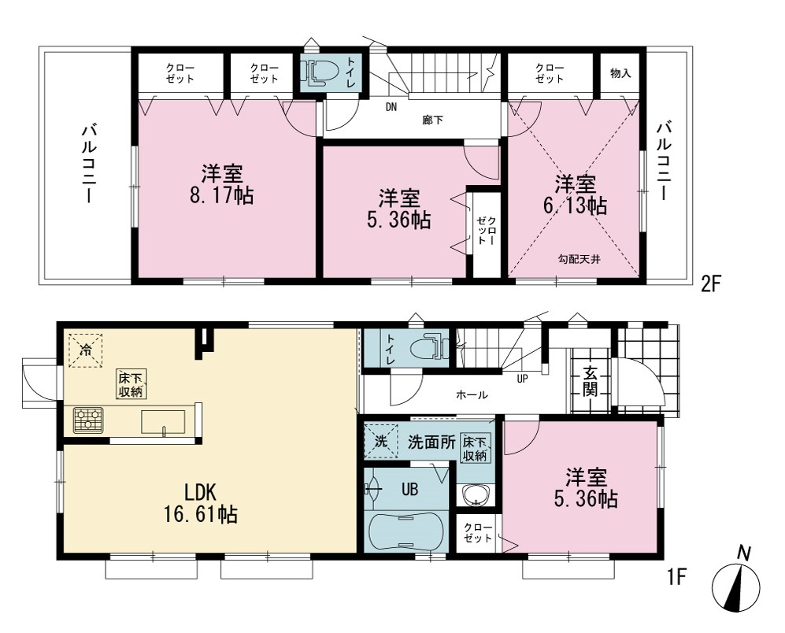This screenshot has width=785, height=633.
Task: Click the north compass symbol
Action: [x=735, y=587]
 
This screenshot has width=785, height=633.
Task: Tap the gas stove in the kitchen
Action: [x=89, y=420]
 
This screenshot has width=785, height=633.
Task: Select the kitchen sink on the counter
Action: [x=163, y=422]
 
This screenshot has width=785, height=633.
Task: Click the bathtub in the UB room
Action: [x=405, y=532]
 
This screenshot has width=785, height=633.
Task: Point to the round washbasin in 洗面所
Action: [x=476, y=496]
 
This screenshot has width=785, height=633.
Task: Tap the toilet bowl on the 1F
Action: [x=431, y=346]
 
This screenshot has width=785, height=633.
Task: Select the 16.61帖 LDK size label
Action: [x=201, y=514]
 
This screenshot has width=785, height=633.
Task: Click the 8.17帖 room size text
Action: [x=221, y=195]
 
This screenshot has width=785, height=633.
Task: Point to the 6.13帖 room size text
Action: [x=576, y=205]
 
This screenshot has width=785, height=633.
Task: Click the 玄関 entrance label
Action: [x=591, y=382]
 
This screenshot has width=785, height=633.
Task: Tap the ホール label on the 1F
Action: [x=472, y=395]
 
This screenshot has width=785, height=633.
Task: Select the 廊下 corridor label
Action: [x=432, y=120]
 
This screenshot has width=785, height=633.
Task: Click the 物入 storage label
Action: [x=620, y=74]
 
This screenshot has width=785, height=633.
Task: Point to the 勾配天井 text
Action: [x=579, y=259]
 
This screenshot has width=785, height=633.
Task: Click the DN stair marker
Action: [x=391, y=106]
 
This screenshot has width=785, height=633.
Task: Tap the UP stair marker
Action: [x=522, y=379]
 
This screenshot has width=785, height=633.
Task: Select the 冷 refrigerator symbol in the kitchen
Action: [x=86, y=350]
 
